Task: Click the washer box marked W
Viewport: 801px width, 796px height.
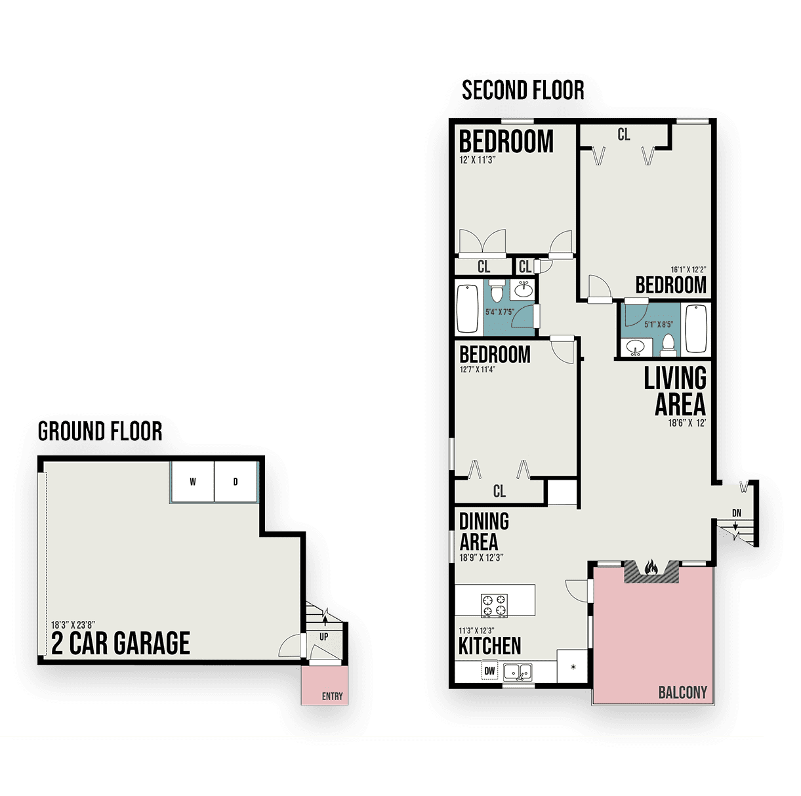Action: pos(192,482)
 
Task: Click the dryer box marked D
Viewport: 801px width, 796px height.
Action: pos(236,482)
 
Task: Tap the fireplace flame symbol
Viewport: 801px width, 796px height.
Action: pos(651,567)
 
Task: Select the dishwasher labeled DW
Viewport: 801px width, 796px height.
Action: pos(489,671)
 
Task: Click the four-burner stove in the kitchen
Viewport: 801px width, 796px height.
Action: pos(494,606)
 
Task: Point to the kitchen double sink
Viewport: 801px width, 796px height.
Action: pos(518,672)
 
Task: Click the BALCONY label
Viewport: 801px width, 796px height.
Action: pos(682,692)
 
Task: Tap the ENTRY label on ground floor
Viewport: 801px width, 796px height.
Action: pos(332,696)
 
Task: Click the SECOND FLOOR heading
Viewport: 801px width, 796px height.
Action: pos(523,91)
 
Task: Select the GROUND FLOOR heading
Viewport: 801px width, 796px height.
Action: pos(100,431)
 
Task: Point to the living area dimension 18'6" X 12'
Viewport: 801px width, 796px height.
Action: pos(687,423)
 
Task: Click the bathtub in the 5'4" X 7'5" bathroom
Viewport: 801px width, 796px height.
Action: pos(468,308)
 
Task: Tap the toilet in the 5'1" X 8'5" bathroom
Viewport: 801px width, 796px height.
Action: pos(668,345)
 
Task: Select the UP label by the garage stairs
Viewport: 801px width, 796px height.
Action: pos(324,637)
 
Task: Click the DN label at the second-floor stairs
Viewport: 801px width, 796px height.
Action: pos(737,513)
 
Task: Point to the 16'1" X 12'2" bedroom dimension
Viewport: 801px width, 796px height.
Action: pos(688,270)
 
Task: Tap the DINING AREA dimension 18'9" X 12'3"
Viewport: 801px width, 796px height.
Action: pos(482,558)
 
